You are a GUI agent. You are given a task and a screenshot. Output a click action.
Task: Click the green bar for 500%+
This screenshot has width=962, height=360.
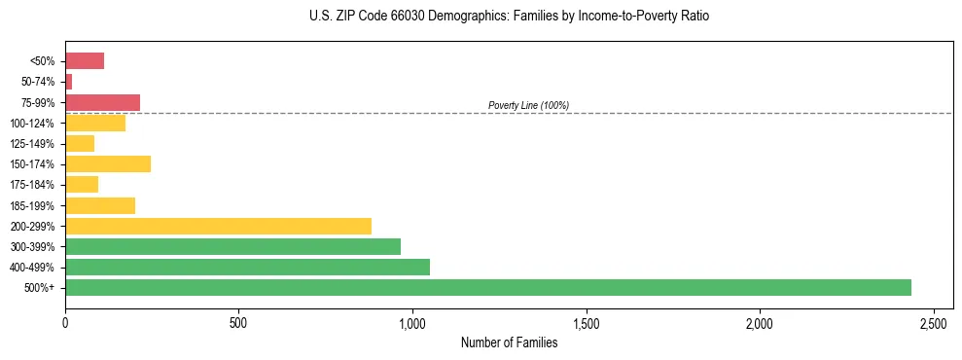point(487,287)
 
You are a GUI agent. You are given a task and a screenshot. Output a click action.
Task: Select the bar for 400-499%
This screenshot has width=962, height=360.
point(247,267)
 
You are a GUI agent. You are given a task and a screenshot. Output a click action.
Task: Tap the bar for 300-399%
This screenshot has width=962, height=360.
point(232,246)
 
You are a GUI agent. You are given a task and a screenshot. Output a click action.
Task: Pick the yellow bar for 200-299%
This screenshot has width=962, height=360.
point(218,226)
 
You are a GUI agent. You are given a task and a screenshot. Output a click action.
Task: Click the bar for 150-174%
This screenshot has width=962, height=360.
point(108,163)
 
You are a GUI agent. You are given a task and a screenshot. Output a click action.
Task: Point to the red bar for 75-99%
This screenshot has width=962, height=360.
point(102,102)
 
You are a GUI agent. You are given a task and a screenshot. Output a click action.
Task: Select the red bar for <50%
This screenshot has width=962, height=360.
point(85,61)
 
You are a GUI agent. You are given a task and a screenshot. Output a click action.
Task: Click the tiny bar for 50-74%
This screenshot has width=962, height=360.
point(69,82)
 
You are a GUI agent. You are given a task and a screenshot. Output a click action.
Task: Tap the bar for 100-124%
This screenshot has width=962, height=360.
point(95,123)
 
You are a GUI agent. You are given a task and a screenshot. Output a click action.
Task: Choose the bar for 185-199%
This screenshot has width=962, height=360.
point(100,205)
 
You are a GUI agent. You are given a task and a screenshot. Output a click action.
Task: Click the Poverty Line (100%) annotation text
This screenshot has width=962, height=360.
point(528,105)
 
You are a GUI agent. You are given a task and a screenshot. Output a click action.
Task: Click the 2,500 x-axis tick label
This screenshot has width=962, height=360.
point(934,322)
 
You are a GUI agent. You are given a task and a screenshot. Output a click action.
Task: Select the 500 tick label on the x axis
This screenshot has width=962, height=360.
point(238,322)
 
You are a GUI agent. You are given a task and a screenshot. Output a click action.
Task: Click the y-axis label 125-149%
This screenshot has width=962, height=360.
point(33,144)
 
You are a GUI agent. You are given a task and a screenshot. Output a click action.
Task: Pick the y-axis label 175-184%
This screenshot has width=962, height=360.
point(33,185)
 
